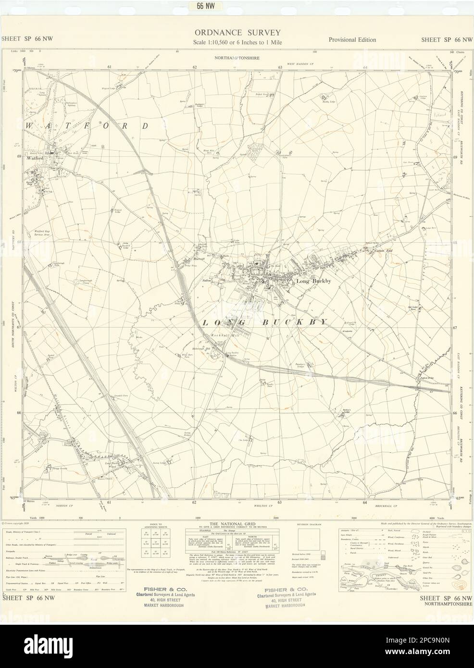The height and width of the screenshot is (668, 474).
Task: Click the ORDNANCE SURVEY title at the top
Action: [237, 33]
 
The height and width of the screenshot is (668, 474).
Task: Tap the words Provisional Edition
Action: [352, 40]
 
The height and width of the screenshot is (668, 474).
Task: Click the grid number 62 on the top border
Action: [195, 67]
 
